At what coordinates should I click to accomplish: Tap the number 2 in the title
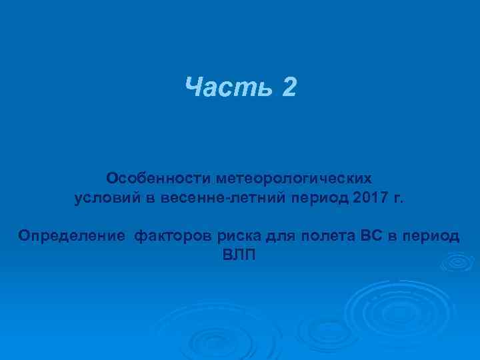coord(288,87)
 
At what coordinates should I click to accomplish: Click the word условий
coord(103,198)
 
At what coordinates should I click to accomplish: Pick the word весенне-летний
coord(221,198)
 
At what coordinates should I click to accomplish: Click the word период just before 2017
coord(322,199)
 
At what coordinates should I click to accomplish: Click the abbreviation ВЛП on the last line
coord(239,255)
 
